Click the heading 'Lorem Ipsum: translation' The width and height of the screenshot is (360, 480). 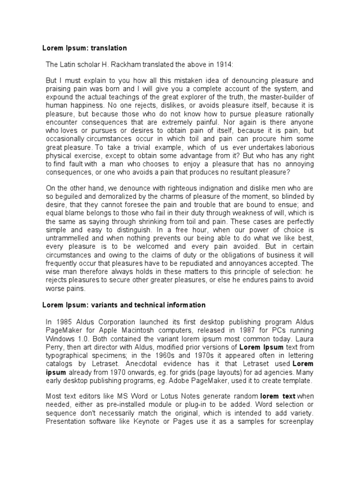coord(84,48)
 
